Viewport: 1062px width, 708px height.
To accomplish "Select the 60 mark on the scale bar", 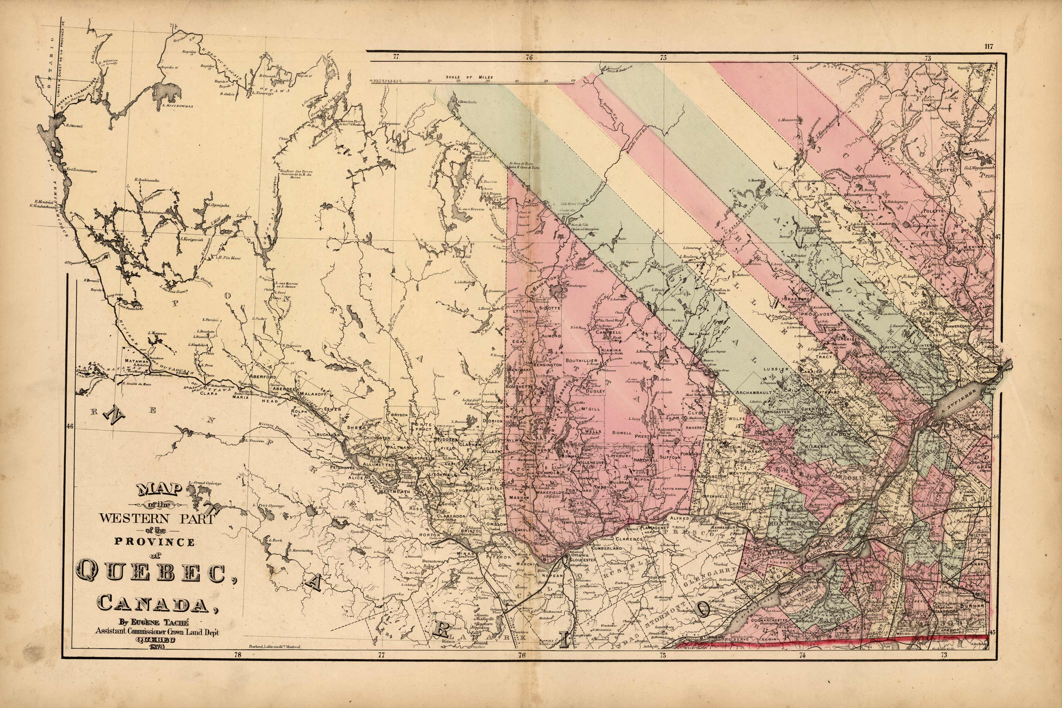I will click(573, 81).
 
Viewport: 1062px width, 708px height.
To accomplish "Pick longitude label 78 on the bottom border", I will click(237, 655).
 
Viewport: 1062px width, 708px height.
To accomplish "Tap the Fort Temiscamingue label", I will click(81, 171).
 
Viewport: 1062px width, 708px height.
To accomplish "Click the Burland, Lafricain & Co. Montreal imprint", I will click(275, 647).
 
